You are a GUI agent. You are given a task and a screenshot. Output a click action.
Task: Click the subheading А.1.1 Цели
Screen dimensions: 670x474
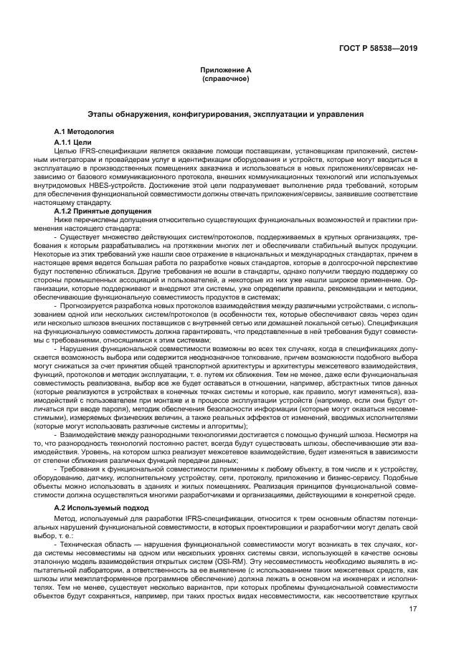point(74,142)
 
